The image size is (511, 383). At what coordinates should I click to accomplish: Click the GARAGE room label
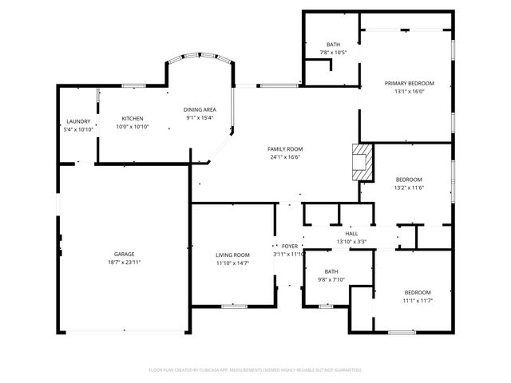point(124,254)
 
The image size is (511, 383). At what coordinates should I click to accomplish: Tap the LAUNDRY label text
point(78,121)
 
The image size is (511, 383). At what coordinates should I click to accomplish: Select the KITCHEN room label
point(133,118)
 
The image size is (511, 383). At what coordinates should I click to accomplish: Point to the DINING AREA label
point(200,109)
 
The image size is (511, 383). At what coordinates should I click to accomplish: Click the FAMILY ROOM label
point(285,148)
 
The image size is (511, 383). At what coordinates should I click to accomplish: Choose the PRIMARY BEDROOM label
point(409,83)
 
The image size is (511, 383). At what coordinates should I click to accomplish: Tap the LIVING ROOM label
point(232,255)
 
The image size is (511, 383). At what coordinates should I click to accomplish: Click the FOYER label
point(289,246)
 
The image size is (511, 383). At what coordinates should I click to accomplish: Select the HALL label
point(351,233)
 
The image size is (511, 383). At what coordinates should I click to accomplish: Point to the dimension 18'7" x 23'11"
point(124,263)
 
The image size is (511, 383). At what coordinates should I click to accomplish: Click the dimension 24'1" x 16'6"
point(285,157)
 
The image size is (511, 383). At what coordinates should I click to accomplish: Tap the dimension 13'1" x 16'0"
point(409,92)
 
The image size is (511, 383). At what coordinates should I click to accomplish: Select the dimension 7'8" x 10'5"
point(333,53)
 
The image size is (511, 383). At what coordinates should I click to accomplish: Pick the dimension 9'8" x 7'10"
point(331,279)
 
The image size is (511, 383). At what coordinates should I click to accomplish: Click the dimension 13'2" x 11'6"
point(409,188)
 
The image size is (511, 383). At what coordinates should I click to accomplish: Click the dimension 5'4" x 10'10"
point(78,130)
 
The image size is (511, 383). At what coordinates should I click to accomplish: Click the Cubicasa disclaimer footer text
point(255,369)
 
